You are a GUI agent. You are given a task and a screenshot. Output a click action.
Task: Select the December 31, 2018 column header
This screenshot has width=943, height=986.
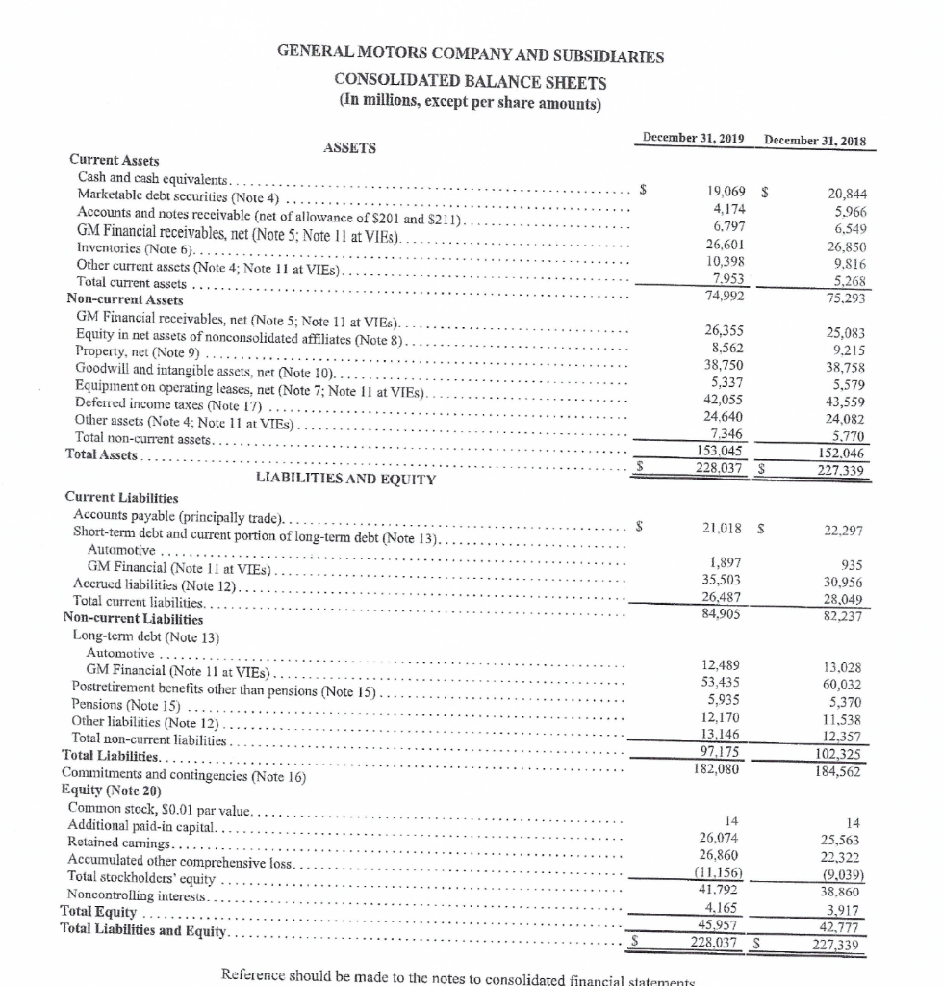(x=814, y=141)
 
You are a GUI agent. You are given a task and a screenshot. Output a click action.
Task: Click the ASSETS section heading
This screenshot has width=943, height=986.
(x=350, y=147)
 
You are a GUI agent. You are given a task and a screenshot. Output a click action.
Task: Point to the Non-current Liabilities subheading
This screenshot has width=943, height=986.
(x=133, y=618)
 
